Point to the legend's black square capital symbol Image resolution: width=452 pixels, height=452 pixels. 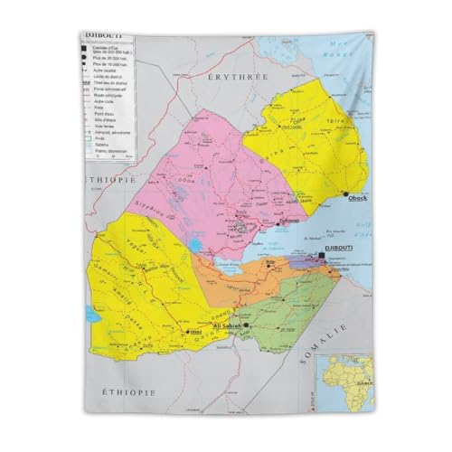91,48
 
